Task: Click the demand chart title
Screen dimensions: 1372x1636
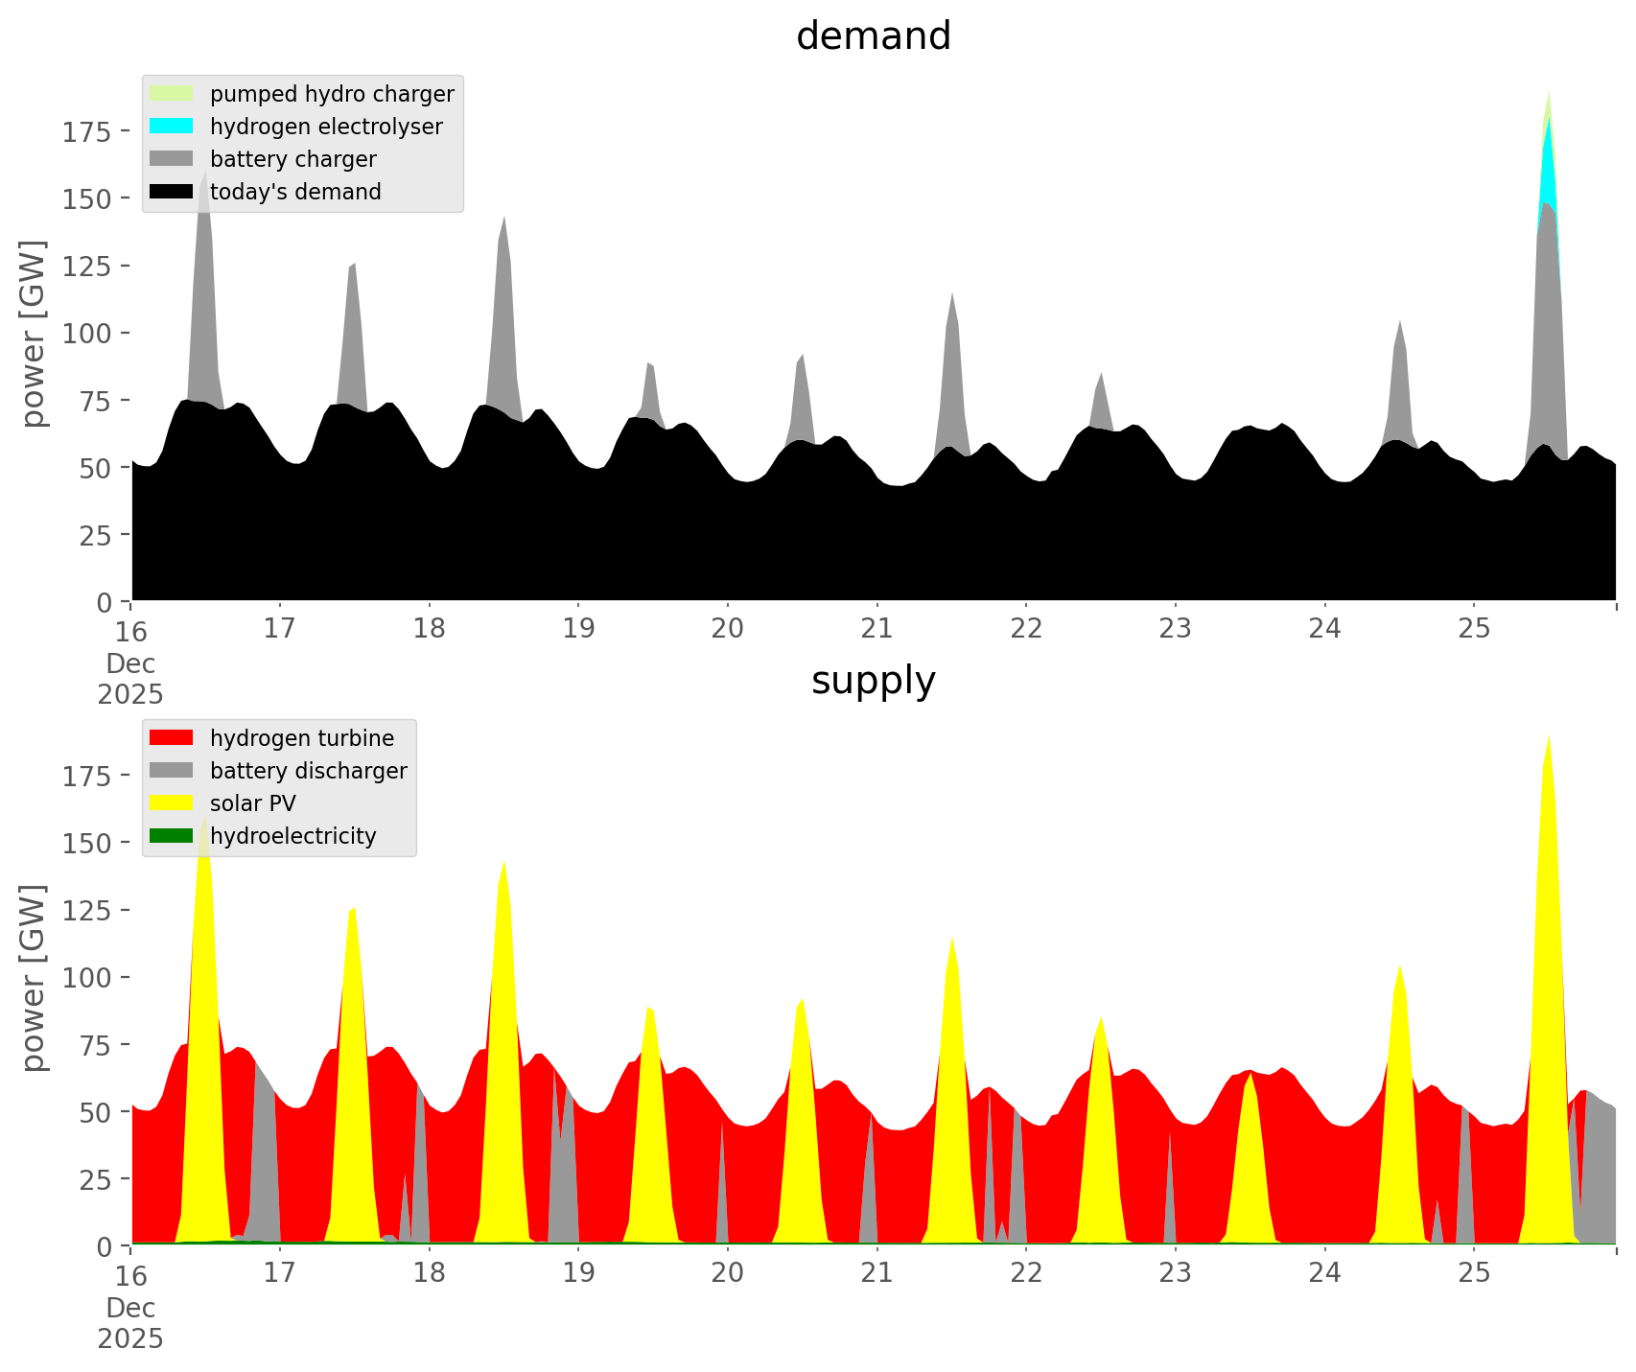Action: [873, 36]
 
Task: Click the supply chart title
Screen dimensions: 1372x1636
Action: [873, 681]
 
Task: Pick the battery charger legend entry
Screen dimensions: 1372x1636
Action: [292, 159]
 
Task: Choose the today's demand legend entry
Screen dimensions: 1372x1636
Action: [295, 192]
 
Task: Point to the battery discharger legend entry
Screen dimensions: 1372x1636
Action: [308, 771]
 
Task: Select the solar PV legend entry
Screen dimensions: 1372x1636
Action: [252, 803]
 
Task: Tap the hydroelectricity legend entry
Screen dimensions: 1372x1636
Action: [292, 836]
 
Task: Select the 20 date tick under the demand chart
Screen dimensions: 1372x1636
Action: [728, 629]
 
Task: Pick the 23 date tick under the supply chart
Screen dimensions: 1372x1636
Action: [1175, 1273]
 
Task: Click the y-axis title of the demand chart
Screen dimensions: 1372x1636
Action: [34, 333]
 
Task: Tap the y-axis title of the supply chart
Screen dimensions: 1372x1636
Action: [34, 977]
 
